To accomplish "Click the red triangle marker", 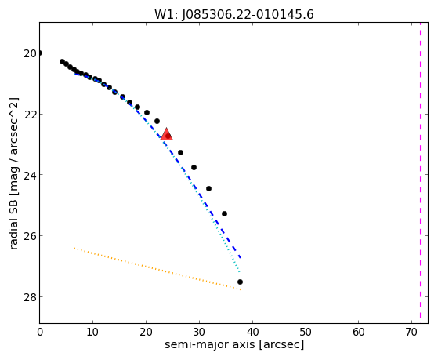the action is pyautogui.click(x=166, y=134).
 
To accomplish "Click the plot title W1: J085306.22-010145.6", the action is pyautogui.click(x=234, y=15).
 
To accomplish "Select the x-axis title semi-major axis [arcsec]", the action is pyautogui.click(x=234, y=344).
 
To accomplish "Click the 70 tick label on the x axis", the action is pyautogui.click(x=412, y=332).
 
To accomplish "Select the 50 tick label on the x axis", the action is pyautogui.click(x=306, y=332).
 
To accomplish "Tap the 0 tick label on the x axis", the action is pyautogui.click(x=40, y=332).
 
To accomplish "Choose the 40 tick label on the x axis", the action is pyautogui.click(x=252, y=332).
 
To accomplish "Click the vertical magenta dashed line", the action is pyautogui.click(x=420, y=173).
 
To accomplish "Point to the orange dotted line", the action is pyautogui.click(x=157, y=269).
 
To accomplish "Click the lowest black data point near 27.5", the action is pyautogui.click(x=240, y=282).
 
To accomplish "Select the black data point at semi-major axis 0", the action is pyautogui.click(x=40, y=53).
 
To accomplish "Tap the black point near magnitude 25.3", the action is pyautogui.click(x=224, y=213).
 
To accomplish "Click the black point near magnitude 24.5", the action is pyautogui.click(x=208, y=188).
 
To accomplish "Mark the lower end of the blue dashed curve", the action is pyautogui.click(x=241, y=257).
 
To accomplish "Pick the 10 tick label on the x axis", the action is pyautogui.click(x=92, y=332).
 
